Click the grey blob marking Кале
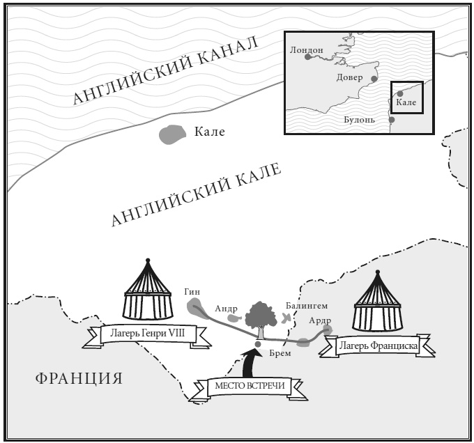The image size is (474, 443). (170, 134)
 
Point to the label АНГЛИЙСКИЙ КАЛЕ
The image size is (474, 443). (197, 194)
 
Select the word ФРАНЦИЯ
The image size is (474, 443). (78, 379)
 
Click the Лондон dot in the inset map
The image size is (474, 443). (307, 58)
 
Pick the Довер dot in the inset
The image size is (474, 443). (374, 79)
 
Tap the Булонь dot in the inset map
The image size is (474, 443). (391, 119)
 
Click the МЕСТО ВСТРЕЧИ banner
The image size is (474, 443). (254, 386)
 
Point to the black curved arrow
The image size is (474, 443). (250, 362)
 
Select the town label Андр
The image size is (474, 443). (227, 308)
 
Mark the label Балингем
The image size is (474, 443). (306, 306)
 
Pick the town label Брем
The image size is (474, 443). (280, 353)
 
